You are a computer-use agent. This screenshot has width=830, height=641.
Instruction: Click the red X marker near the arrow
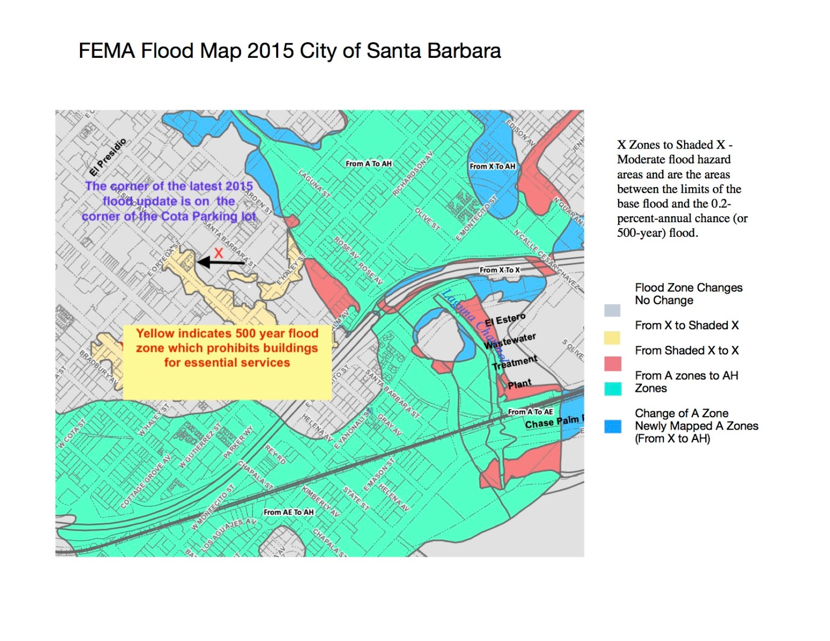218,253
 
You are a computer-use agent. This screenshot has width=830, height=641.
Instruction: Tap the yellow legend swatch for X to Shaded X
612,338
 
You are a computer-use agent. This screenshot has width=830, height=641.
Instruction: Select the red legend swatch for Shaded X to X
612,363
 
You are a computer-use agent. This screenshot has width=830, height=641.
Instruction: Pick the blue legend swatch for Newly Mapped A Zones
613,426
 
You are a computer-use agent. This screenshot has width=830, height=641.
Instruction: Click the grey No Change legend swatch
612,310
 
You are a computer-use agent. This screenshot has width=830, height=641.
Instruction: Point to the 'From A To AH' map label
369,164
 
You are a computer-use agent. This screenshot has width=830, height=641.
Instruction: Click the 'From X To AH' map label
492,166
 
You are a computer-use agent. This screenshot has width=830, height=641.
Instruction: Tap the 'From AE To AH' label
289,512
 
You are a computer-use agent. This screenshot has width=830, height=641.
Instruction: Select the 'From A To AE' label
530,412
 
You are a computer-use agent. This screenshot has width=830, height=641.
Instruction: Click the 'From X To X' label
499,270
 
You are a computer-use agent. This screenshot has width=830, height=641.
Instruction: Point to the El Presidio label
108,157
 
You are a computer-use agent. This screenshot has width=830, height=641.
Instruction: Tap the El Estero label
505,319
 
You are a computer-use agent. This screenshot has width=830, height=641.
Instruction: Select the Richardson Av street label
412,174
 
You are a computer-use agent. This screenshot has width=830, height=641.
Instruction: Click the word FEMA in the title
106,51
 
